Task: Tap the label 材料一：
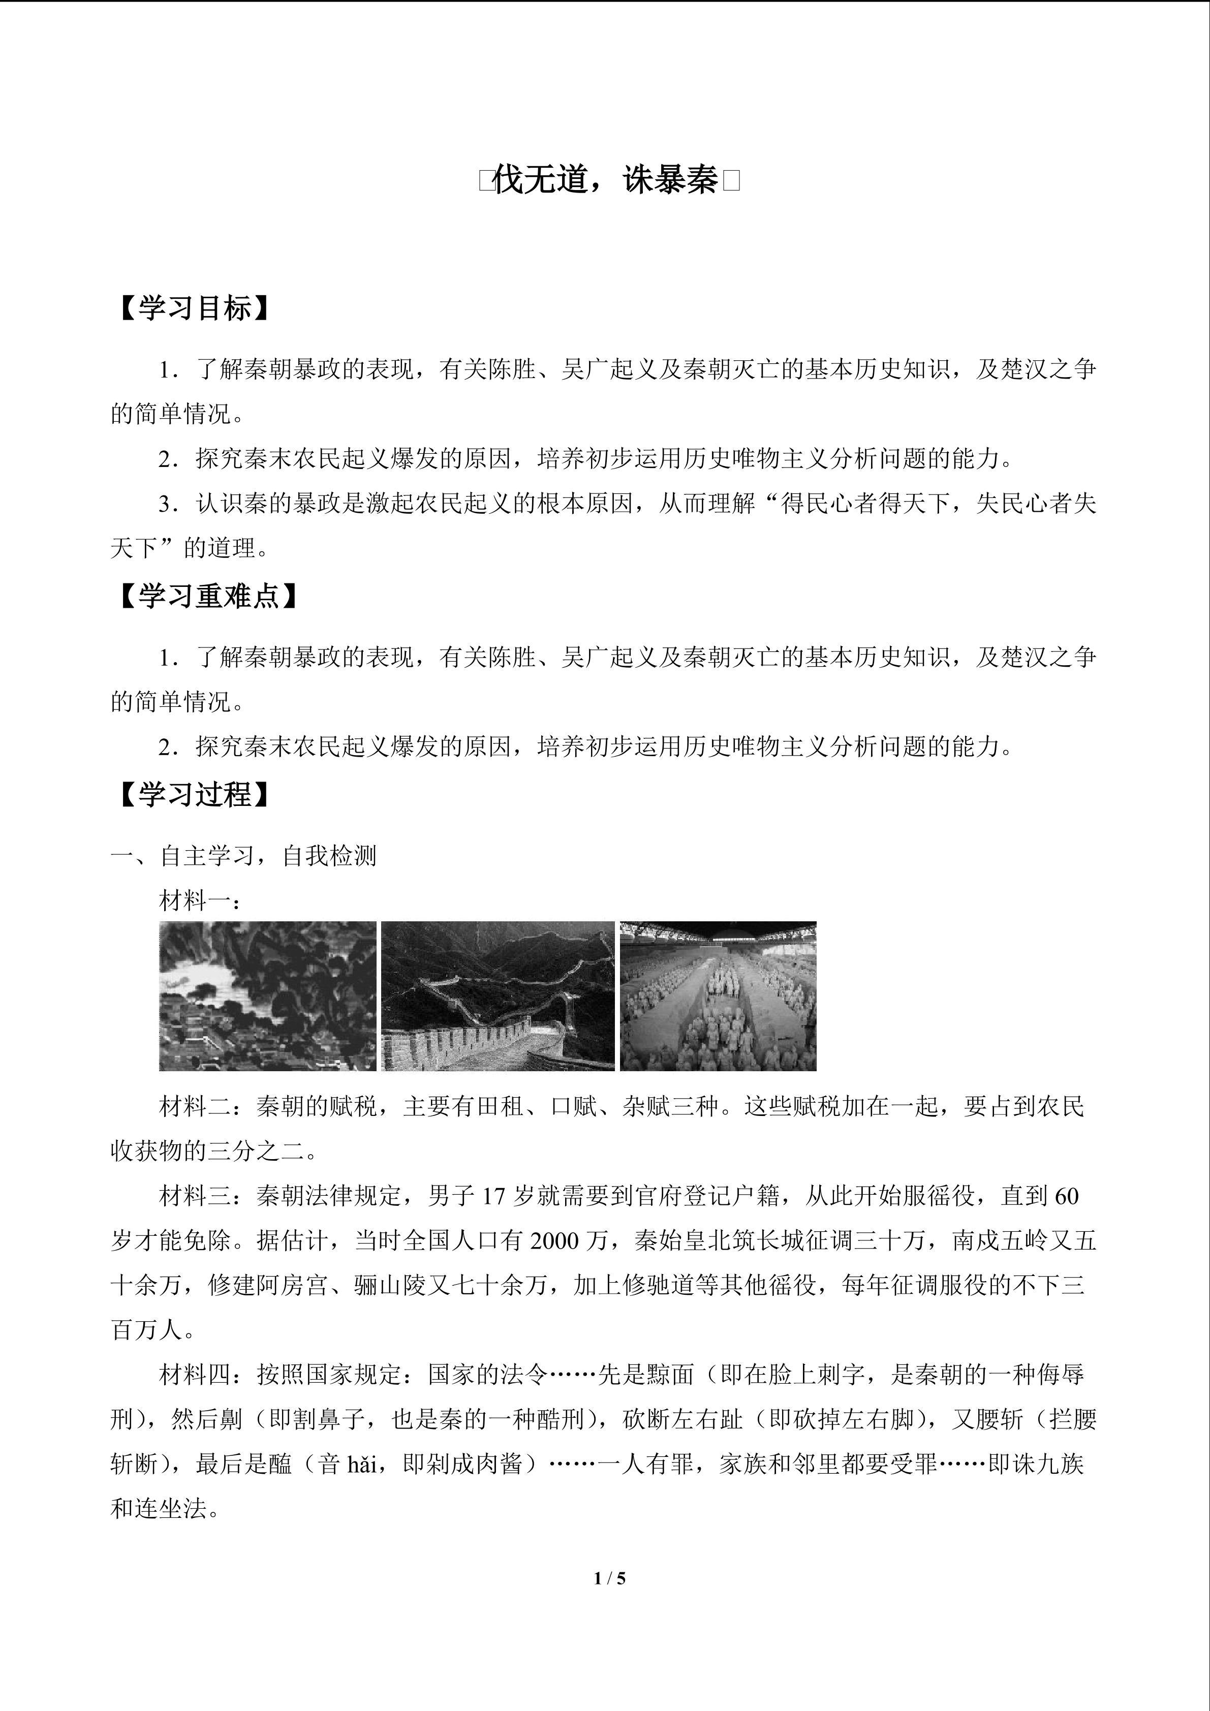[x=200, y=901]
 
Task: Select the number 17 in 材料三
[x=494, y=1196]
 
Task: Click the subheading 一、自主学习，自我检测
[x=243, y=856]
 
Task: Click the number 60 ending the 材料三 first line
[x=1067, y=1196]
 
